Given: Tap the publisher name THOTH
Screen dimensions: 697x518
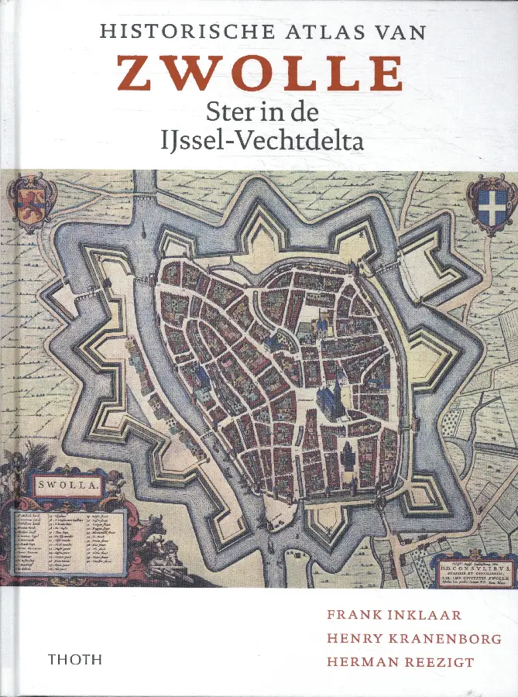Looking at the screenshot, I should (x=74, y=661).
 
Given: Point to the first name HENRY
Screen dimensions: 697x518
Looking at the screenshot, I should (x=354, y=639).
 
